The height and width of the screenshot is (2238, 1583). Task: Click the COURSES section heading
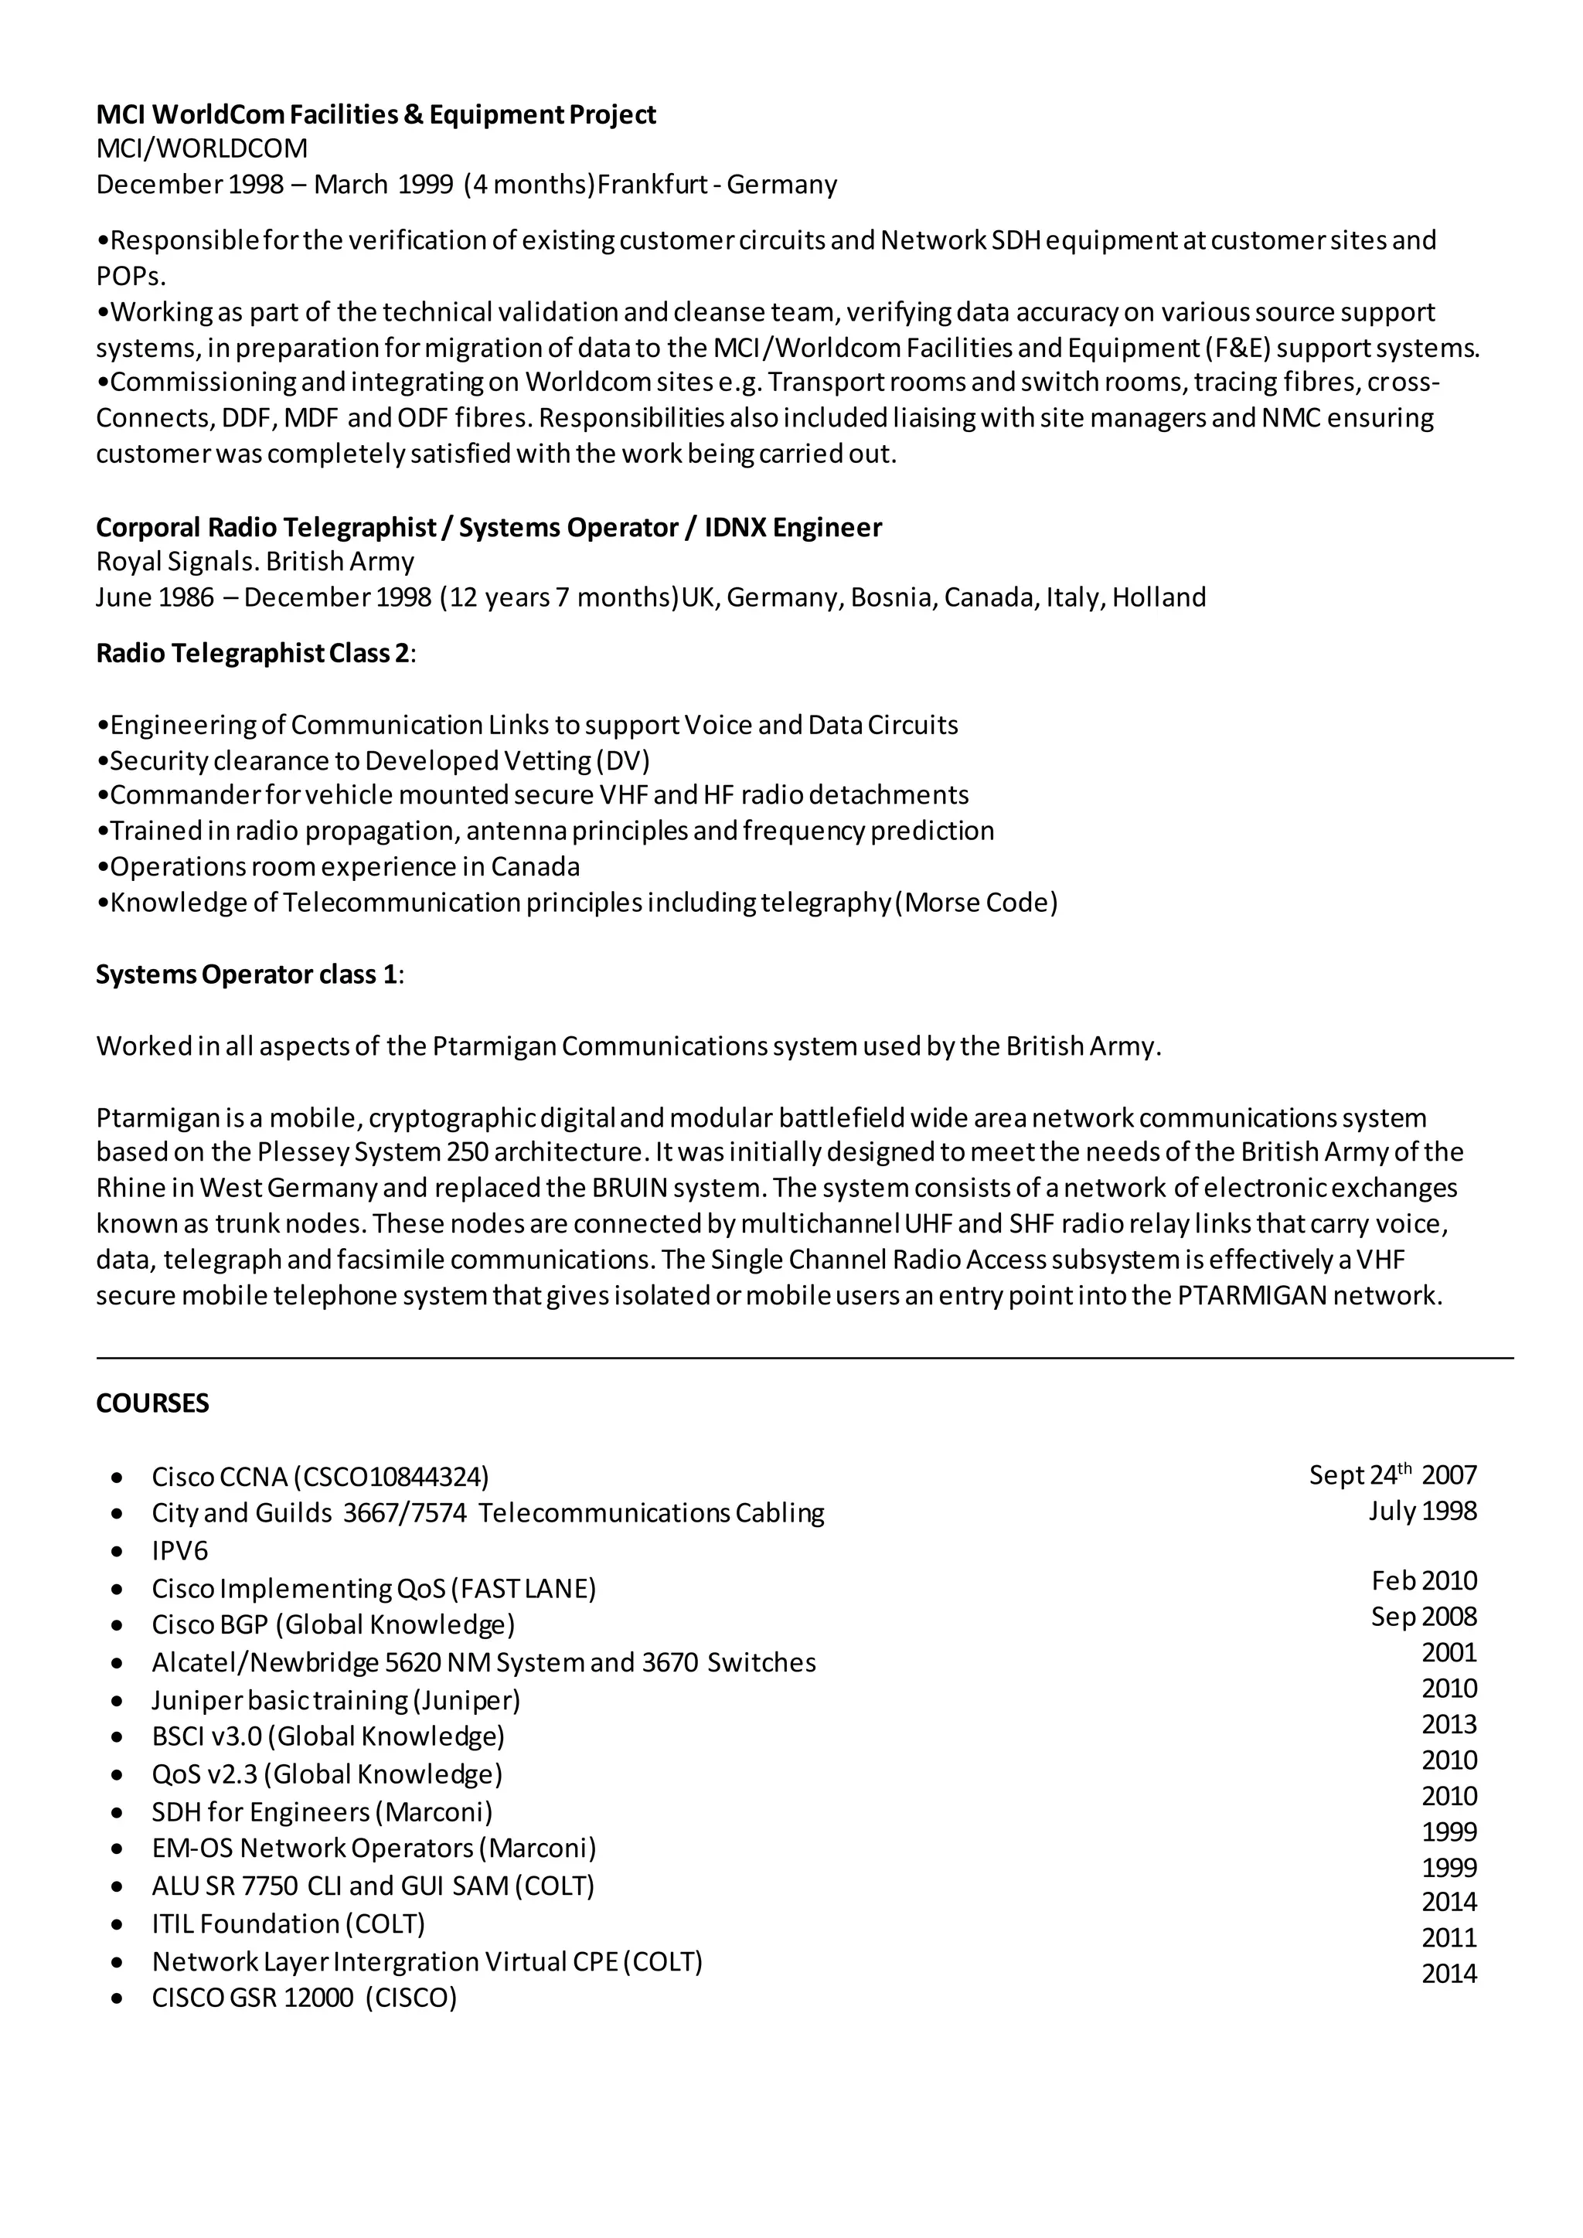pyautogui.click(x=152, y=1403)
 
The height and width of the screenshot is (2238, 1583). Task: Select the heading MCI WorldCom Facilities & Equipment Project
pyautogui.click(x=376, y=114)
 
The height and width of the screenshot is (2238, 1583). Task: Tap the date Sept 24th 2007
pyautogui.click(x=1393, y=1474)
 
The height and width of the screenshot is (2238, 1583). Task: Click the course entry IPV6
pyautogui.click(x=179, y=1551)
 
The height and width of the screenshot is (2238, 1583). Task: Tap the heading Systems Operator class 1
pyautogui.click(x=247, y=974)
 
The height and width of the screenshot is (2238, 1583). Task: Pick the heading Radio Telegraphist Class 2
pyautogui.click(x=253, y=652)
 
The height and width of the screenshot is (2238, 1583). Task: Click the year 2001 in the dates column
pyautogui.click(x=1449, y=1651)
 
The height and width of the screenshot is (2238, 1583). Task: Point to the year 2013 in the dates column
pyautogui.click(x=1449, y=1723)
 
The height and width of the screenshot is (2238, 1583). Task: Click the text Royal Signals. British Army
pyautogui.click(x=254, y=562)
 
